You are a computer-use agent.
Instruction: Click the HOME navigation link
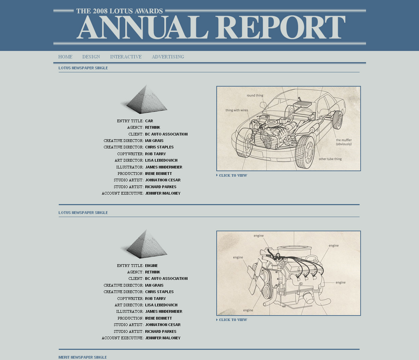(x=65, y=57)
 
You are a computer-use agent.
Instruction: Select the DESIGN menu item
(x=91, y=57)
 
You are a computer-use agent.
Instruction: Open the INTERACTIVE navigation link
(x=126, y=57)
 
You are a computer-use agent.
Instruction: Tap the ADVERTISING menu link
(x=168, y=57)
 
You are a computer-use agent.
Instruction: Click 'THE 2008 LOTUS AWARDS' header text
(x=120, y=11)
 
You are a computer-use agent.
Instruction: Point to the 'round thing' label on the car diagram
(x=255, y=95)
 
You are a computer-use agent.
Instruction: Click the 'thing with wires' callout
(x=237, y=110)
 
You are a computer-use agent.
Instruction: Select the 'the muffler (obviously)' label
(x=344, y=142)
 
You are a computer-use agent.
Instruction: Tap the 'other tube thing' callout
(x=330, y=159)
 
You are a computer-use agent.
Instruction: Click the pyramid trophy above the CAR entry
(x=145, y=100)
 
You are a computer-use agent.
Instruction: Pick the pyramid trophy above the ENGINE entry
(x=145, y=244)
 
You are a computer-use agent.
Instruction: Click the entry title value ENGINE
(x=151, y=266)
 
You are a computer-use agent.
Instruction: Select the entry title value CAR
(x=149, y=121)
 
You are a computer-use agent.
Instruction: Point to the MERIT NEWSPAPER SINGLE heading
(x=83, y=357)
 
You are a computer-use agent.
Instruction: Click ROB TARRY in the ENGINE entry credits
(x=155, y=299)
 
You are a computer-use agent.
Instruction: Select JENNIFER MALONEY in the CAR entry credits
(x=163, y=193)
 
